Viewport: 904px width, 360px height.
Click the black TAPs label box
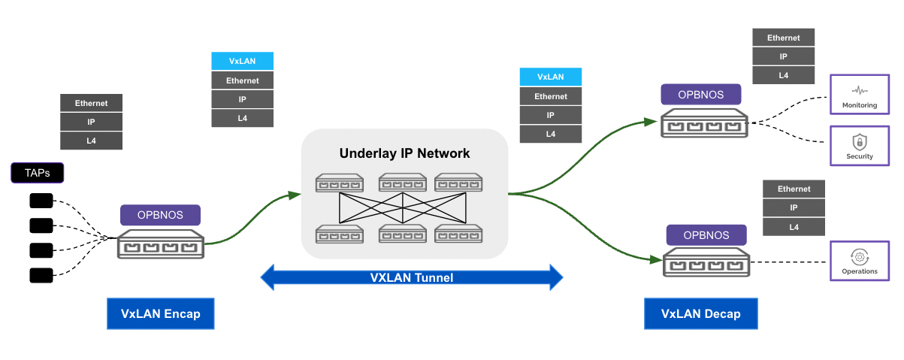pos(38,174)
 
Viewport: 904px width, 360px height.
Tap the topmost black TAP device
pos(41,201)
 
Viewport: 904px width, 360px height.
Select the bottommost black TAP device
pos(41,275)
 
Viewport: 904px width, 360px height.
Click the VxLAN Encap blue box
pos(161,313)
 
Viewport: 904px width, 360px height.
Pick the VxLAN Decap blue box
pos(700,313)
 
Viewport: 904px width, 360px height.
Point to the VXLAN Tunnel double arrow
pos(411,277)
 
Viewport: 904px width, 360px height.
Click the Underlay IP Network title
pos(404,153)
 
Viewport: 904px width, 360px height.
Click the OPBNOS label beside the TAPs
pos(160,215)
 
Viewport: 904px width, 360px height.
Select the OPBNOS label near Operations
pos(706,235)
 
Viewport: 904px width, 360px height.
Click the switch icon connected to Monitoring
pos(704,123)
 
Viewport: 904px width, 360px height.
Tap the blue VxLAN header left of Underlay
pos(242,62)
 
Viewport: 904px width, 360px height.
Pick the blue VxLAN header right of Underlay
pos(550,77)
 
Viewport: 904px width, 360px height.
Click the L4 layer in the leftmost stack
pos(91,140)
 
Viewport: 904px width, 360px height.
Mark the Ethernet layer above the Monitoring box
pos(783,38)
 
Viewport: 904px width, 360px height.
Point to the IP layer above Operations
pos(794,208)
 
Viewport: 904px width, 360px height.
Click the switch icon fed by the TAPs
pos(161,245)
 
